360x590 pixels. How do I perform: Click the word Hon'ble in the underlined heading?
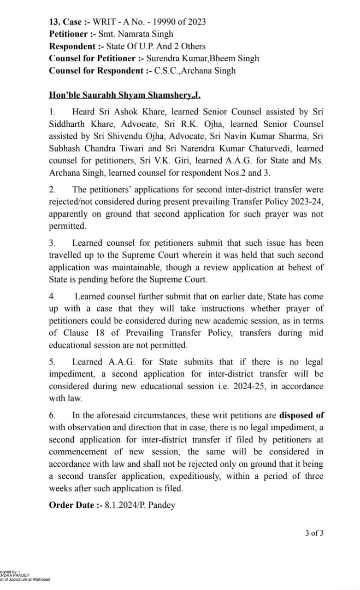64,95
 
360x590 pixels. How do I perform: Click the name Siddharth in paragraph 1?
68,124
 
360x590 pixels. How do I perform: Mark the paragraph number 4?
52,296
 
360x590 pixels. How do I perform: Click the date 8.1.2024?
122,505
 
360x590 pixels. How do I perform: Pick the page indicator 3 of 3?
314,533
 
